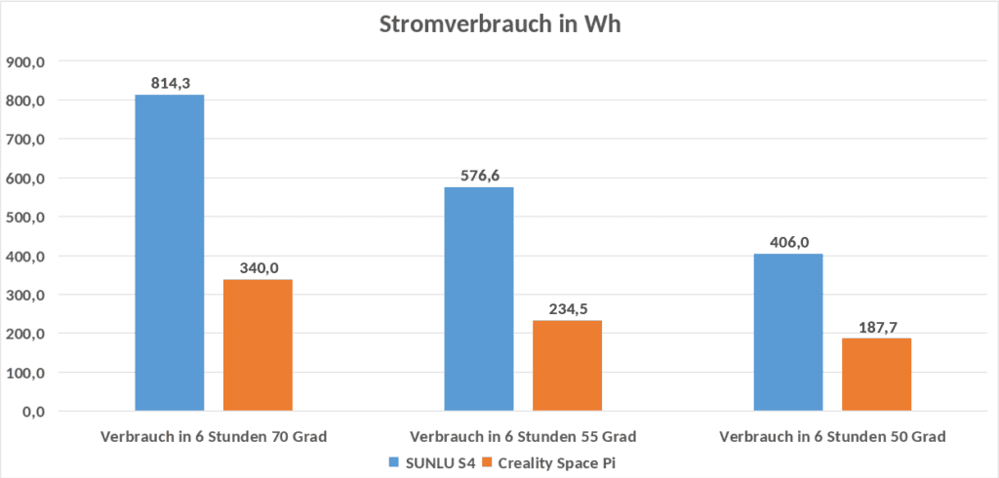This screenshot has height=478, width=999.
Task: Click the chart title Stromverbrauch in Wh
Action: point(499,25)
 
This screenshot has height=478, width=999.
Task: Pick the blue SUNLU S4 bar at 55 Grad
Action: point(478,299)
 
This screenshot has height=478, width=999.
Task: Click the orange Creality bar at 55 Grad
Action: point(567,365)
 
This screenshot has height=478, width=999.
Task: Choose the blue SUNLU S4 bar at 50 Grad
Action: point(788,332)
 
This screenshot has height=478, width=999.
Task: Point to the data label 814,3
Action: point(170,84)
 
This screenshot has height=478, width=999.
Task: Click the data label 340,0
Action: point(258,268)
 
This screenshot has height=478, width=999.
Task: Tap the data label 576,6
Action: point(478,176)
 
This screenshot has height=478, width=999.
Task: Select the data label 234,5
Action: point(567,309)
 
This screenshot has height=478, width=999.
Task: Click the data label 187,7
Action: point(876,328)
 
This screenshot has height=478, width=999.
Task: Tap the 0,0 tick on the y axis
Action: point(32,411)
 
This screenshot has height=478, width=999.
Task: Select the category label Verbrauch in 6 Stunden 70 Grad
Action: point(213,436)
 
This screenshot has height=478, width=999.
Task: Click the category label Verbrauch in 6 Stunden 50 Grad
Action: point(832,436)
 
